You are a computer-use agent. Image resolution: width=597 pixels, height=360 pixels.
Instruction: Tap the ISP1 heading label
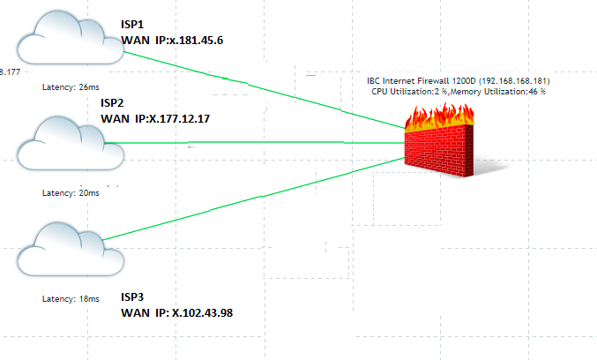[132, 25]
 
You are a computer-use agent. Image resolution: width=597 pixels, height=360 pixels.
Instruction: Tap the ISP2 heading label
[113, 103]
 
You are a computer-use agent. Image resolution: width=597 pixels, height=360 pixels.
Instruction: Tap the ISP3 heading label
[132, 296]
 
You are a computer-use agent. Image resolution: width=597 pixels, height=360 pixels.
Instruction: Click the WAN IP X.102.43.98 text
[176, 313]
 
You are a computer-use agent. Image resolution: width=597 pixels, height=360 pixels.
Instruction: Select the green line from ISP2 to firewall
[265, 141]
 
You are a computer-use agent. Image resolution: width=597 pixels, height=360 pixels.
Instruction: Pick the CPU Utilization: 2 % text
[410, 91]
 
